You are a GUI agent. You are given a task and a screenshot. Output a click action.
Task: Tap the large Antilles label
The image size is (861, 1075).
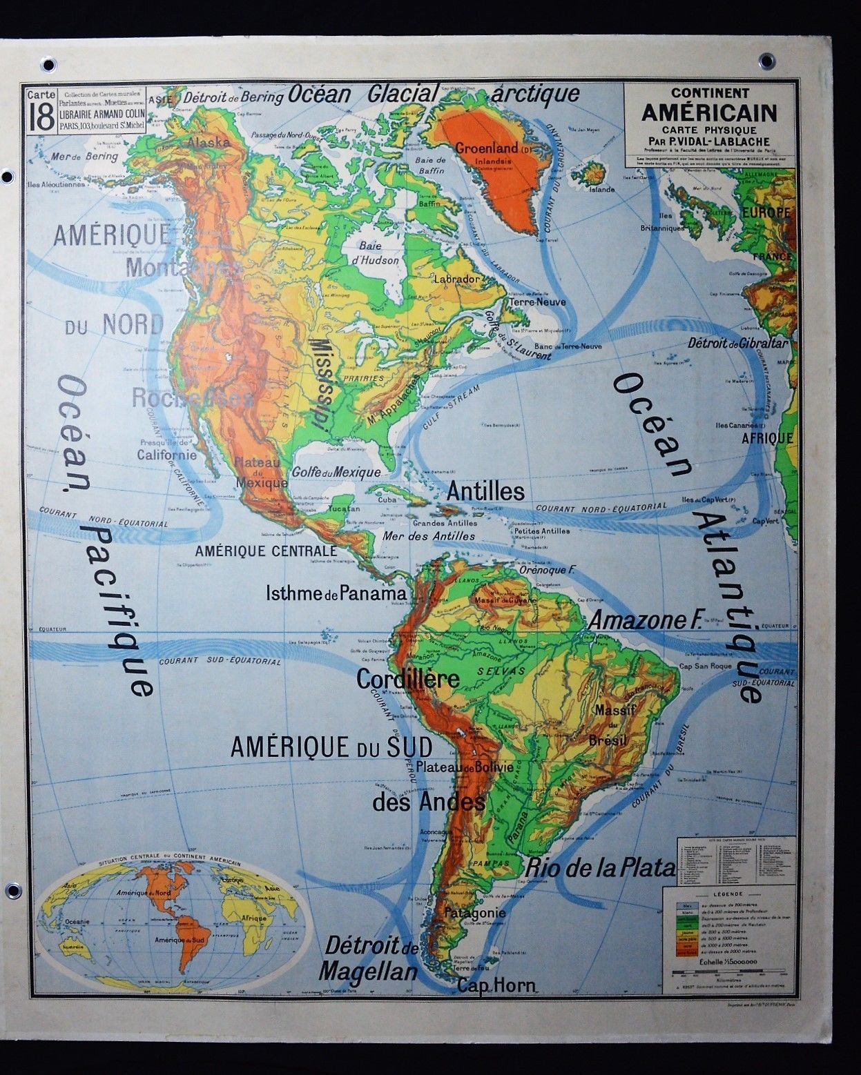click(485, 491)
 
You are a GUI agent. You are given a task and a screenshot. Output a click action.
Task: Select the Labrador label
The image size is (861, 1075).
click(456, 278)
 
